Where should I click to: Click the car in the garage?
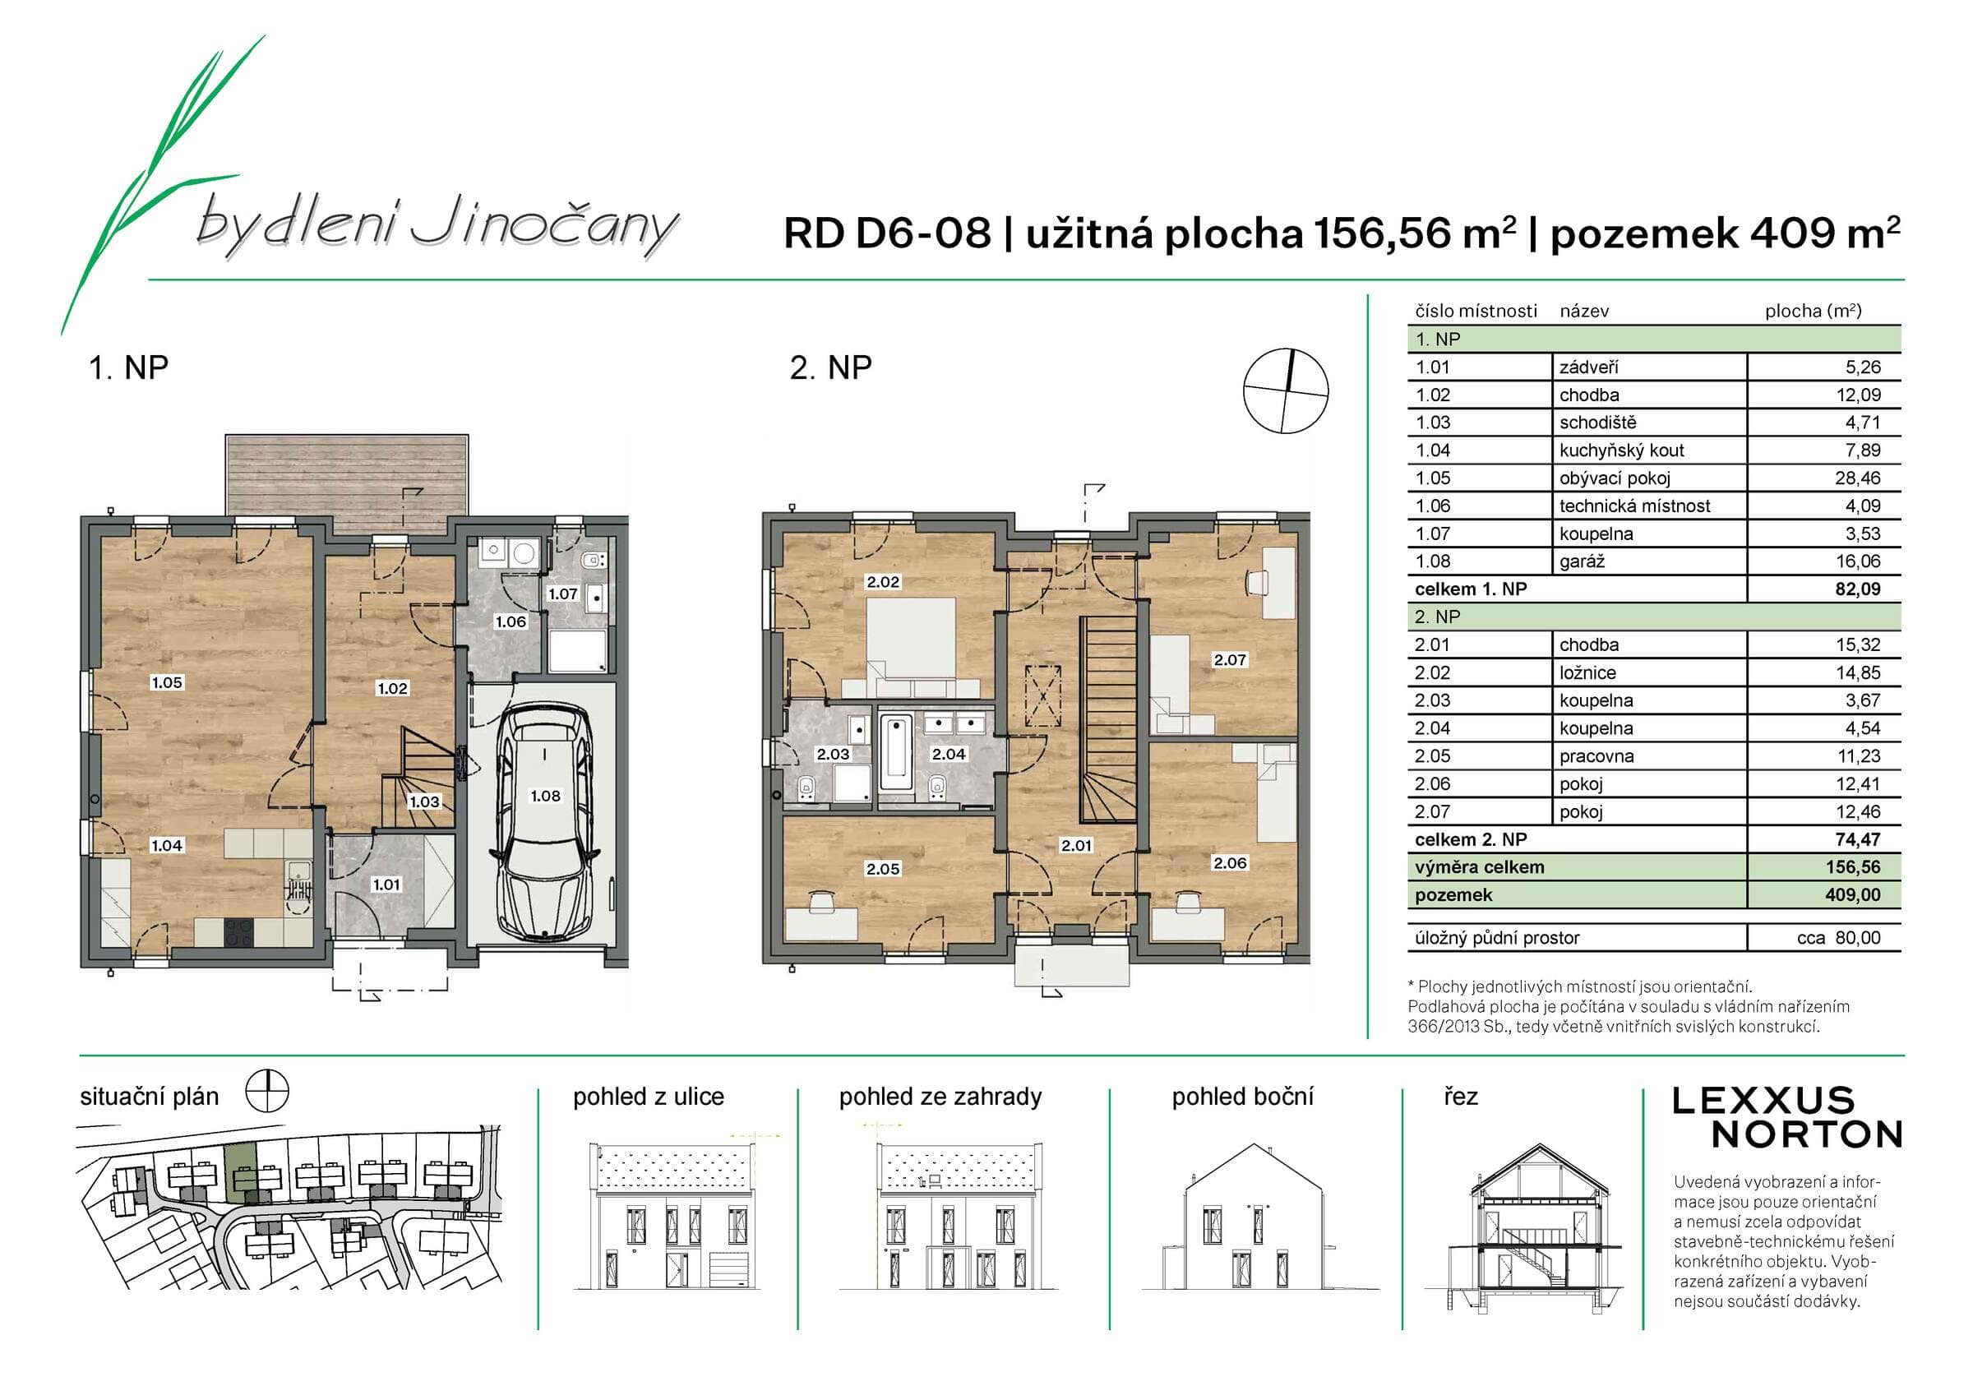coord(545,823)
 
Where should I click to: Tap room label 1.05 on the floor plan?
coord(167,682)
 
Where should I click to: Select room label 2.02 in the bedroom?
coord(883,582)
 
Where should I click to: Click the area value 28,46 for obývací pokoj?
coord(1857,478)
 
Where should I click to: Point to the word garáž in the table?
coord(1582,561)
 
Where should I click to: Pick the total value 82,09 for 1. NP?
coord(1857,589)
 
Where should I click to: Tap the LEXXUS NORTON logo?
coord(1787,1117)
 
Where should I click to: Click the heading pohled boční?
coord(1242,1097)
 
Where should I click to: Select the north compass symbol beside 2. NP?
coord(1286,391)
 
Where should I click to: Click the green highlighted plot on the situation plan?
coord(241,1171)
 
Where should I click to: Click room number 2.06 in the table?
coord(1433,784)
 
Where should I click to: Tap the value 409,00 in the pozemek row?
coord(1853,894)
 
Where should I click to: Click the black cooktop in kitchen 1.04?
coord(240,932)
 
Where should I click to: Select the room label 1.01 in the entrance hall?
coord(386,885)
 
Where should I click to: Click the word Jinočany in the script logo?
coord(543,225)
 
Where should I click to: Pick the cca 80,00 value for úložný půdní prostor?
coord(1838,938)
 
